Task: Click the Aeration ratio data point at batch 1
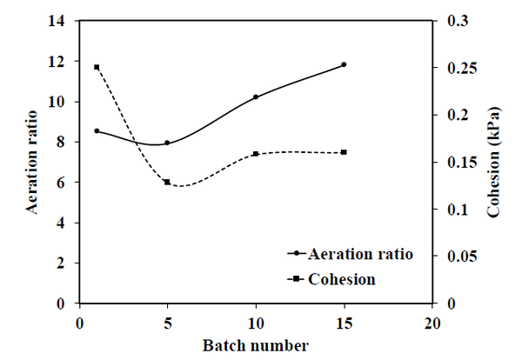tap(97, 130)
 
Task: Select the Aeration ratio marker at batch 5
tap(167, 143)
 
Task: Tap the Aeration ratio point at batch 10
tap(256, 97)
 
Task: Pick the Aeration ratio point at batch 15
tap(344, 64)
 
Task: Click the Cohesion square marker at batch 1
tap(97, 67)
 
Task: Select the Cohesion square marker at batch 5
tap(167, 182)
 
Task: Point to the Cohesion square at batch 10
tap(256, 154)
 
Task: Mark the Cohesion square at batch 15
tap(344, 152)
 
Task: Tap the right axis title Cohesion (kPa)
tap(493, 162)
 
